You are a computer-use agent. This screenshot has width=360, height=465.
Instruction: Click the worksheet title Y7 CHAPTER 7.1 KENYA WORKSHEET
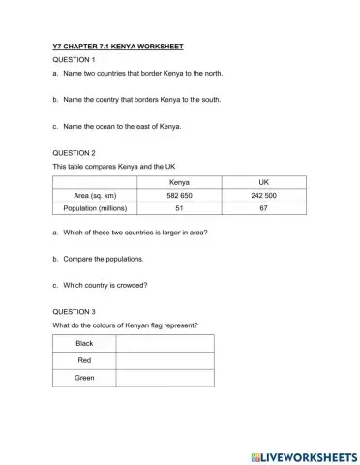117,46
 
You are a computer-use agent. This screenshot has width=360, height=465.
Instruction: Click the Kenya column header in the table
180,182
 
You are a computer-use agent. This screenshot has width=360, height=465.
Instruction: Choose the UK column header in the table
263,182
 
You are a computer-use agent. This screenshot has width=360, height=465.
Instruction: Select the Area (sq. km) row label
96,195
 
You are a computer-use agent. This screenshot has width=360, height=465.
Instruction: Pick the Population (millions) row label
96,208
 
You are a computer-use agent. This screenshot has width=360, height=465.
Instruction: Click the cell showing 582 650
180,195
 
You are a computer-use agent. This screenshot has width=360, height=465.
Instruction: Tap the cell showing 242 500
263,195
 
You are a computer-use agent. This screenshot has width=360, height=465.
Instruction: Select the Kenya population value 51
180,208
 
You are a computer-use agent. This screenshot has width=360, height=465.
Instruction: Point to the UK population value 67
263,208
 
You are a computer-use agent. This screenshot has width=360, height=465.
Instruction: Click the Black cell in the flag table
84,343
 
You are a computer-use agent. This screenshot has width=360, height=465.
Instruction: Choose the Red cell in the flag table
84,359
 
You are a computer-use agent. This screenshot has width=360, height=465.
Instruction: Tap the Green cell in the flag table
84,377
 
